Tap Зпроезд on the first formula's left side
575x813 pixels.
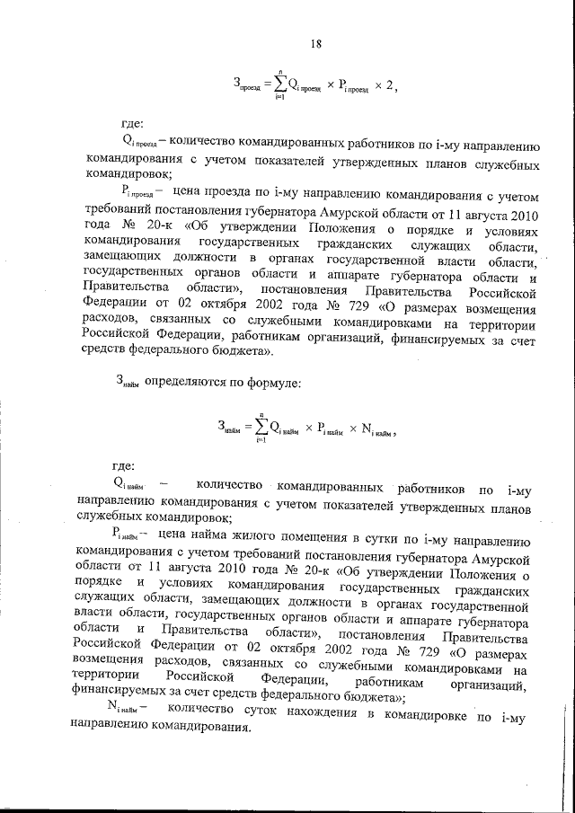[247, 86]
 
